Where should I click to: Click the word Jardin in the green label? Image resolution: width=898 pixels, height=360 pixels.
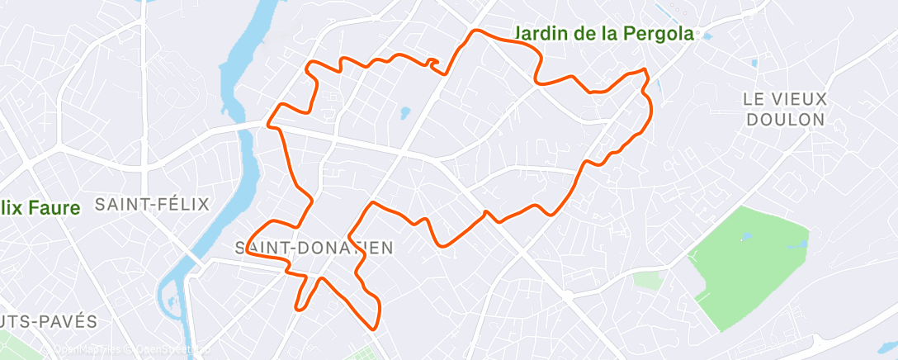point(541,34)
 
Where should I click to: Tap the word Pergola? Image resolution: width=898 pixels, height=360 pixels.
point(654,34)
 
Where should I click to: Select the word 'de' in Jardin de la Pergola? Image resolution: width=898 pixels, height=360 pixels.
point(583,34)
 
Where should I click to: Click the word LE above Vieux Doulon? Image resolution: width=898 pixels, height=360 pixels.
point(754,98)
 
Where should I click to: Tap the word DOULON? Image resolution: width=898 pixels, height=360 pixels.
point(784,119)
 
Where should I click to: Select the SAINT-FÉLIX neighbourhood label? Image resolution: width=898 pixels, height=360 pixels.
point(153,204)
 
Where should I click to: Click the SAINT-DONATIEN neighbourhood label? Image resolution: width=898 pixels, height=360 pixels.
point(314,247)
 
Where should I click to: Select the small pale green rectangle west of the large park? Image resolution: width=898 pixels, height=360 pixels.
point(649,280)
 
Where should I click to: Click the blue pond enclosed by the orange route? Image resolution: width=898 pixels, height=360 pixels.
point(404,112)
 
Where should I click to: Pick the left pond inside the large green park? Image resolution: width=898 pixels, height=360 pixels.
point(747,237)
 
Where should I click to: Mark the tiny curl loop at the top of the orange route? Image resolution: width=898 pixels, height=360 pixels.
point(432,63)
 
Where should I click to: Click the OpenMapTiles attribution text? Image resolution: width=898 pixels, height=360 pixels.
point(78,350)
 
